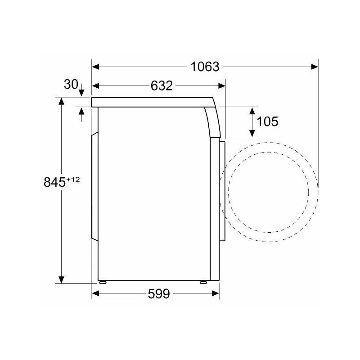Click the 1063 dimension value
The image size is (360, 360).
tap(205, 67)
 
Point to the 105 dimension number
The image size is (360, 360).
tap(268, 121)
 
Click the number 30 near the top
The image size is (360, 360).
tap(71, 84)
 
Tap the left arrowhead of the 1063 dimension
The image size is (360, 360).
tap(95, 67)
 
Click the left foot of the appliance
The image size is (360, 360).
tap(103, 283)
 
